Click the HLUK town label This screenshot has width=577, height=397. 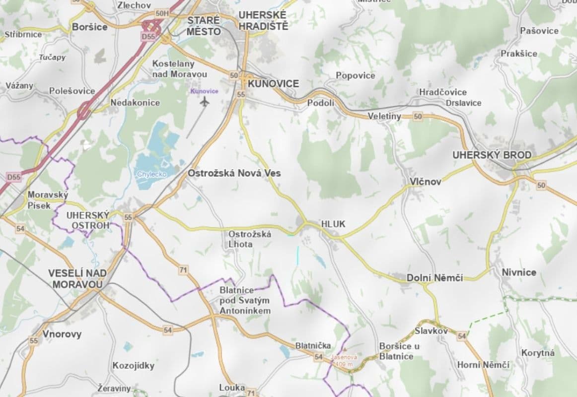point(333,224)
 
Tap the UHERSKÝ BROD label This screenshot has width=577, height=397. point(492,155)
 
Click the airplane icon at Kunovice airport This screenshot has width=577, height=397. point(205,102)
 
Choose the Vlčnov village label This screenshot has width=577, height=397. point(425,182)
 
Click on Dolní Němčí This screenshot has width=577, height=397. point(434,278)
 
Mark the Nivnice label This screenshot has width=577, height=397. point(519,272)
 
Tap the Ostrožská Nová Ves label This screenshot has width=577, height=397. point(234,173)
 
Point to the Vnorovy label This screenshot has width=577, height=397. point(62,334)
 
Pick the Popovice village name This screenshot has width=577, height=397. point(355,75)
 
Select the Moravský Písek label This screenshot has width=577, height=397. point(48,200)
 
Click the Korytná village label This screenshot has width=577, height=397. point(538,353)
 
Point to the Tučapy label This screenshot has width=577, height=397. point(52,58)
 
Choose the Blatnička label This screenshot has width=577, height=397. point(312,345)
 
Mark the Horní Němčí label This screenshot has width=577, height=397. point(483,365)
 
